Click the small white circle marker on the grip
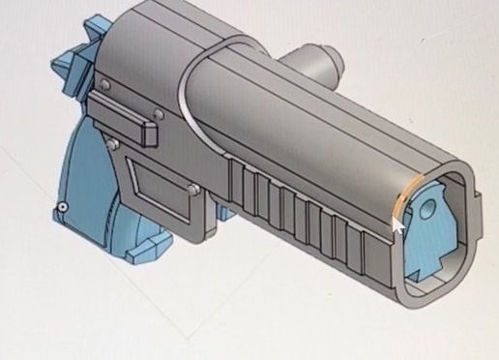click(x=63, y=206)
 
